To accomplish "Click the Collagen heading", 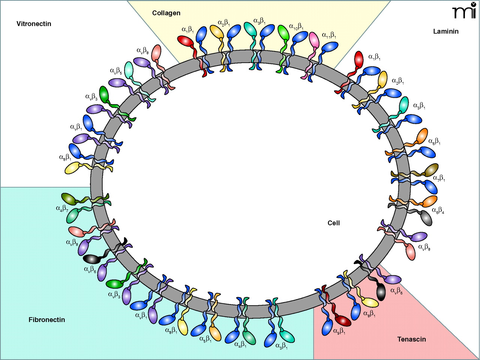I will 166,13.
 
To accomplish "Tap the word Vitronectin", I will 34,24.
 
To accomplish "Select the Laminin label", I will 446,31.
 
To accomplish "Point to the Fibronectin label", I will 47,320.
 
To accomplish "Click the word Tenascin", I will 411,339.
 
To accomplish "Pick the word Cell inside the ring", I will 333,223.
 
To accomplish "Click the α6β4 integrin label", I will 438,211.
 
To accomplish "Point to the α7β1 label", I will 439,178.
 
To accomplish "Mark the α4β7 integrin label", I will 62,208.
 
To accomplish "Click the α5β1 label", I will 205,340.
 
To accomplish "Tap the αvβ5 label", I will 116,71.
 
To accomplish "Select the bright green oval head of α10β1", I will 283,33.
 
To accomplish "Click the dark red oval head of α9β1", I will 343,321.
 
